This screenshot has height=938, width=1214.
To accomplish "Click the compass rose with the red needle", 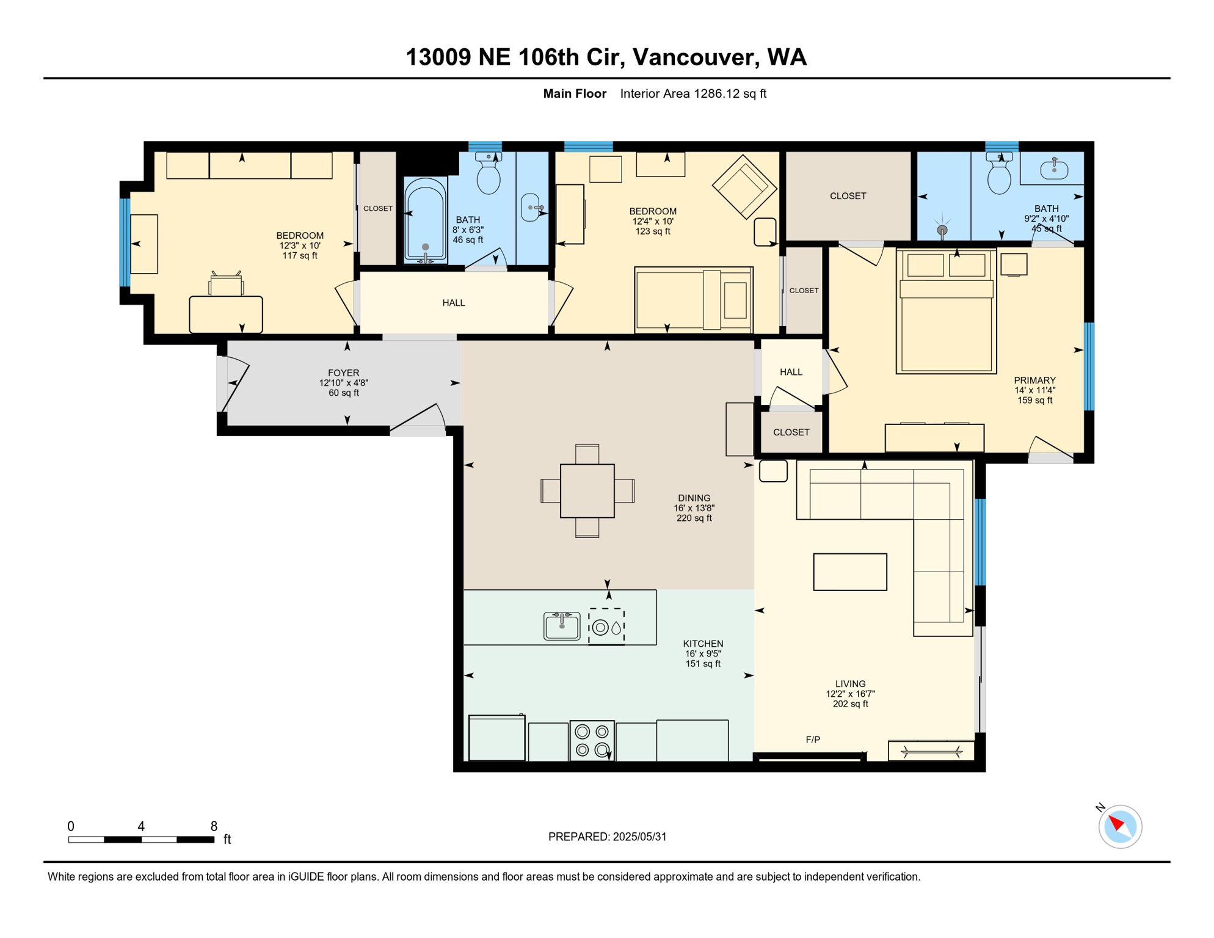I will point(1120,827).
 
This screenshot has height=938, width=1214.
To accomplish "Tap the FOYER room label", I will point(343,373).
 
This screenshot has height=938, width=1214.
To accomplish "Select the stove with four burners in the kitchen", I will point(592,740).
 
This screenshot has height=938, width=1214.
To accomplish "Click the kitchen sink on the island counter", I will point(562,626).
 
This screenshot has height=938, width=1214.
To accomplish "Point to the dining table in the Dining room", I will point(587,491).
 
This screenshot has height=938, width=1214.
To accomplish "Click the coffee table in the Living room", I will point(849,572).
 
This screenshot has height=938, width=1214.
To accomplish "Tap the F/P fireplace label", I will point(812,740).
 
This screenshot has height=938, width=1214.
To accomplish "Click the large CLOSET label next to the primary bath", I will point(848,196).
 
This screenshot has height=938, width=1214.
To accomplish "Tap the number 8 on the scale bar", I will point(214,826).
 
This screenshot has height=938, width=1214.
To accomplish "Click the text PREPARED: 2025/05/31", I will point(607,837).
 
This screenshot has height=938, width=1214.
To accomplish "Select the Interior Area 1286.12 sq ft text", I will point(693,93).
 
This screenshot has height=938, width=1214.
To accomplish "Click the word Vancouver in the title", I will point(696,57).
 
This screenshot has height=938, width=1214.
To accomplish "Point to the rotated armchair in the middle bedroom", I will point(744,186).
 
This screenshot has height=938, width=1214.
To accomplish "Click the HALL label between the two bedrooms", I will point(453,303).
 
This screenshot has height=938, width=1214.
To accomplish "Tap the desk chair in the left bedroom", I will point(226,285).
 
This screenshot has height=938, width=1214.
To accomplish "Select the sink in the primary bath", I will point(1053,169).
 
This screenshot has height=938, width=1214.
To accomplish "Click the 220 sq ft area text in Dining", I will point(694,518).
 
